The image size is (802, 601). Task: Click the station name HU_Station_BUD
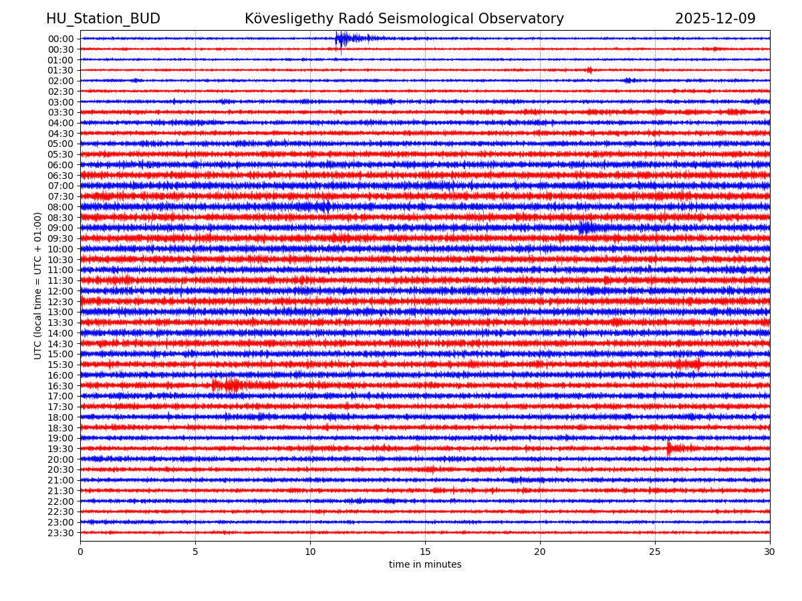click(103, 19)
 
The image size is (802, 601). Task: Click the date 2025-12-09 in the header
click(715, 19)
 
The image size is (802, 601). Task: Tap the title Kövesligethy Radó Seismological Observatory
click(404, 19)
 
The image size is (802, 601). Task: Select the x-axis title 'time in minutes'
click(425, 564)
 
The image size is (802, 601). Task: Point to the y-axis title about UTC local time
click(38, 286)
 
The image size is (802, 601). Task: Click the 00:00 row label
click(61, 39)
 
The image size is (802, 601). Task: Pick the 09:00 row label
click(61, 228)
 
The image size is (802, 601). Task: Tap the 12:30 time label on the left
click(61, 302)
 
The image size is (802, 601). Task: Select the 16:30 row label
click(61, 386)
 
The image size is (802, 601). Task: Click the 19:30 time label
click(61, 449)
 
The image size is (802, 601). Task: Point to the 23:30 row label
click(61, 533)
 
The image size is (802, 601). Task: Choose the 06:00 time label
click(61, 165)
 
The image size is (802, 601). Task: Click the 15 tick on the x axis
click(425, 552)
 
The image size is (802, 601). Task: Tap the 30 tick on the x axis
click(770, 552)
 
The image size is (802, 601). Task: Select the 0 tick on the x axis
click(80, 552)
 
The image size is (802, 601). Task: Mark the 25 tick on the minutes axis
click(655, 552)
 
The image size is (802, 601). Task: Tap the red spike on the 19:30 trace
click(670, 448)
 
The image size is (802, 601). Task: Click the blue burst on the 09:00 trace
click(586, 228)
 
